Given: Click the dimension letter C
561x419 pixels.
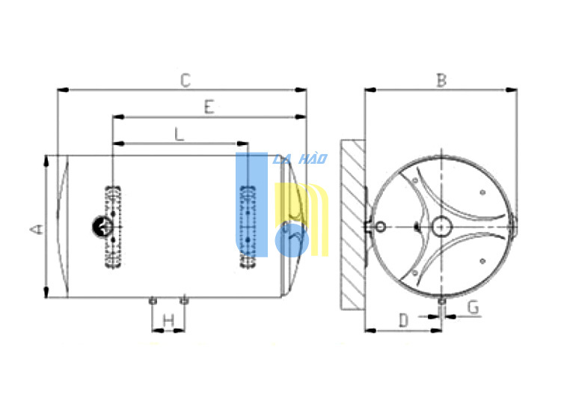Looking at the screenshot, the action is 186,80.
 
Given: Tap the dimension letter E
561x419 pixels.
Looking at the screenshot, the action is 209,107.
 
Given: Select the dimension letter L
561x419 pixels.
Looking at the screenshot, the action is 179,134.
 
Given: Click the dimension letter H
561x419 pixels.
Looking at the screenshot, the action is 168,320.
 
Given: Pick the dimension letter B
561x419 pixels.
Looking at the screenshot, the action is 442,80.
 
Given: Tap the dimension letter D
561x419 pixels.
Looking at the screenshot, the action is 404,320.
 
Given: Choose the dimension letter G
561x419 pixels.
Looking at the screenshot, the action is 473,308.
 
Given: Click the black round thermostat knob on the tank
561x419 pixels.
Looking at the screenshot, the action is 102,227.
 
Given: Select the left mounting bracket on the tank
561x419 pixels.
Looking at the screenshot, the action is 113,227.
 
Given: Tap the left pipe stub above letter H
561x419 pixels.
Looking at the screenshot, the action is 153,301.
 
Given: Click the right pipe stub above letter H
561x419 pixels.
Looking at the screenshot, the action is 184,301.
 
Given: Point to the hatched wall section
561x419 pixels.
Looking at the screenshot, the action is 353,224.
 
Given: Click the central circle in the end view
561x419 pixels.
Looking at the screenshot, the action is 442,227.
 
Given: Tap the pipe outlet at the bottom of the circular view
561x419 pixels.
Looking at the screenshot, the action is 442,302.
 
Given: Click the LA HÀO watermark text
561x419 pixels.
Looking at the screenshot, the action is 300,159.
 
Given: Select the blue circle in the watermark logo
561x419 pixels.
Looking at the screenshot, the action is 292,240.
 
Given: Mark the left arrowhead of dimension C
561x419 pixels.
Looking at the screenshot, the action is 63,90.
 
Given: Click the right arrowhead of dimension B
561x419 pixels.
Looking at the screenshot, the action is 512,90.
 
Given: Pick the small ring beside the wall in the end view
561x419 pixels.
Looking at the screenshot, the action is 380,227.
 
